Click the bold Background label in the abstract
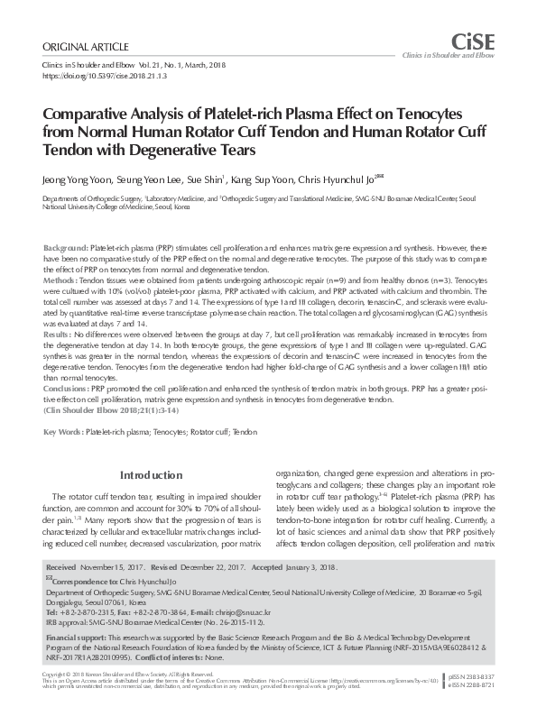pos(66,247)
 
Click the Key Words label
pos(64,432)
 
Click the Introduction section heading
pos(152,475)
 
